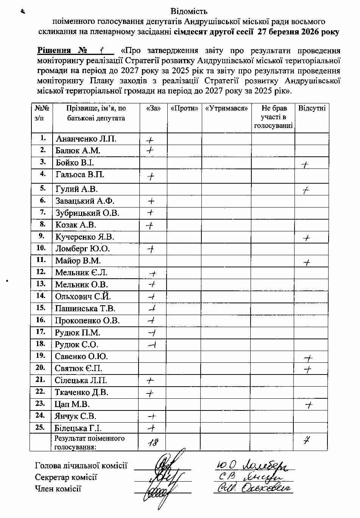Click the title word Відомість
[189, 11]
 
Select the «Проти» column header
[184, 108]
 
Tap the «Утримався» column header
[226, 108]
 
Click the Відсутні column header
[312, 108]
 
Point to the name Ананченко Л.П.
[86, 139]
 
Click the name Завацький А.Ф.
[85, 201]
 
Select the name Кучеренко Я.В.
[85, 237]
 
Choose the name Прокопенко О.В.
[87, 320]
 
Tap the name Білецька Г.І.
[78, 428]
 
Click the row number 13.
[41, 284]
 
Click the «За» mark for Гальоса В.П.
[151, 176]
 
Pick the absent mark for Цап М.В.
[309, 405]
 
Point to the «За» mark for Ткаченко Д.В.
[150, 393]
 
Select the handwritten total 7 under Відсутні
[307, 440]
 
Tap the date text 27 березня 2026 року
[298, 32]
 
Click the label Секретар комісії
[66, 477]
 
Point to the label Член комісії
[58, 488]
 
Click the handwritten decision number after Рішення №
[101, 50]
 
